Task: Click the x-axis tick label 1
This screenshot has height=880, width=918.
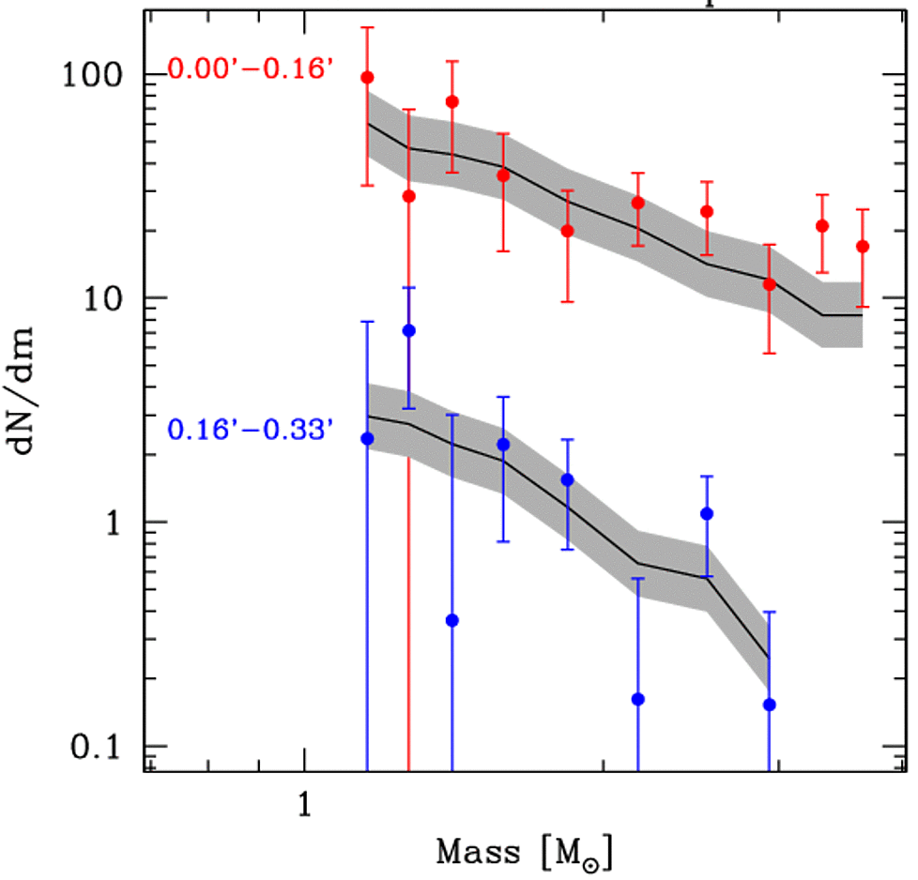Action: [x=304, y=805]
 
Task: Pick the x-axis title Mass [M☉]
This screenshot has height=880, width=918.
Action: [x=525, y=853]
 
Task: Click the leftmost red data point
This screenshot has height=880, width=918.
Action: [x=367, y=77]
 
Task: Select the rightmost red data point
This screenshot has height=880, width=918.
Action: [x=863, y=247]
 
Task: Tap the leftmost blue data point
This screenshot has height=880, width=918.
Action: [x=367, y=438]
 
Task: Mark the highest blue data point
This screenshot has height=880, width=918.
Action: [x=408, y=330]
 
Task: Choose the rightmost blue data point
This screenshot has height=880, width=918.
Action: [x=770, y=705]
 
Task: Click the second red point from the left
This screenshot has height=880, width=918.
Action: [x=408, y=196]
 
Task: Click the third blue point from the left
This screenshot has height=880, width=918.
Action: [x=451, y=620]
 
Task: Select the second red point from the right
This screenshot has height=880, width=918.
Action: [x=822, y=226]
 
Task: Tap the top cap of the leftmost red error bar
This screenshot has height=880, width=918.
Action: [x=367, y=28]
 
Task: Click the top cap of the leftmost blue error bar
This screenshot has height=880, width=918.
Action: [x=367, y=322]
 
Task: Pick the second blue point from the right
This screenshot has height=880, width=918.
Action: [x=707, y=513]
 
